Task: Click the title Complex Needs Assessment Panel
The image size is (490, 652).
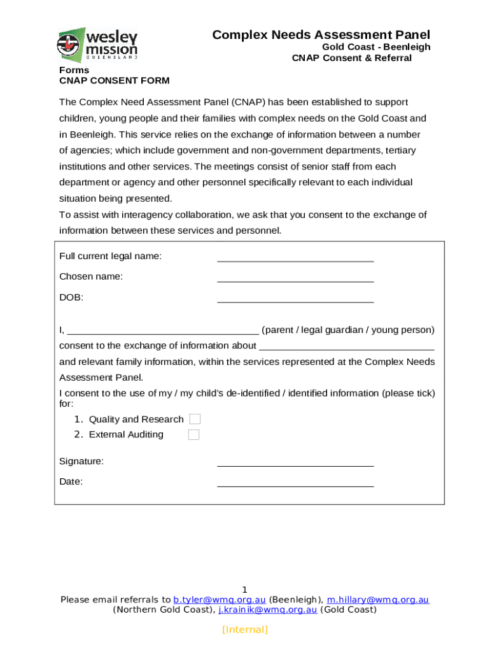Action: pyautogui.click(x=321, y=34)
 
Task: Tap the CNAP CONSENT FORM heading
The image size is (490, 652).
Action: pyautogui.click(x=115, y=80)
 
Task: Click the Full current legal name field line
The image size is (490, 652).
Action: pyautogui.click(x=295, y=260)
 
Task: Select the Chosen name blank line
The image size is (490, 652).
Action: pyautogui.click(x=295, y=280)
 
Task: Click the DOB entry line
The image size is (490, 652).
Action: pyautogui.click(x=295, y=301)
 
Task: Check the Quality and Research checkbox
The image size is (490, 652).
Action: pyautogui.click(x=195, y=419)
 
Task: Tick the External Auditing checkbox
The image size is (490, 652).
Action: pyautogui.click(x=193, y=435)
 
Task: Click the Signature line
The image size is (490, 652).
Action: pyautogui.click(x=295, y=465)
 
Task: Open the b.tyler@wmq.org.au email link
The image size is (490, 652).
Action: pyautogui.click(x=220, y=600)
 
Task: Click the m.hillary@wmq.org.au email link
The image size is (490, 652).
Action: pyautogui.click(x=378, y=600)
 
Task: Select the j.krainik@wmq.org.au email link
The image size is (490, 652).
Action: pyautogui.click(x=267, y=610)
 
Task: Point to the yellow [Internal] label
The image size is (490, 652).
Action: pyautogui.click(x=245, y=630)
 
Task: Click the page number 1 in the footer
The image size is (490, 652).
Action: pyautogui.click(x=244, y=590)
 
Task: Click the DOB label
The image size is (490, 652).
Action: pyautogui.click(x=71, y=297)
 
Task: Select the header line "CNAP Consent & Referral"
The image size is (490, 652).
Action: pyautogui.click(x=352, y=58)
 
